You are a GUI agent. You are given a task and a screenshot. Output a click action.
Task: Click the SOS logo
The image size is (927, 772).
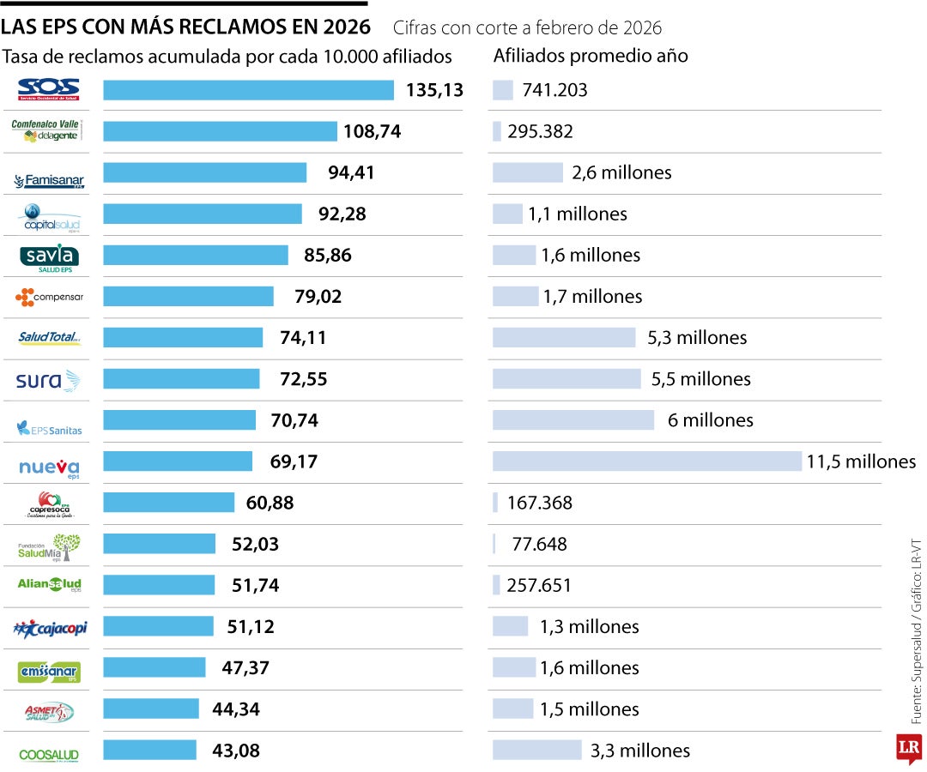48,88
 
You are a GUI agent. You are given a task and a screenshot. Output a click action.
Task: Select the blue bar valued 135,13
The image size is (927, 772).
248,90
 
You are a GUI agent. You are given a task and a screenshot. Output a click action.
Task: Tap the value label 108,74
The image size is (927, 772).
372,132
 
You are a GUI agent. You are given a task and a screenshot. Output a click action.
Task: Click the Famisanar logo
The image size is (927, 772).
49,180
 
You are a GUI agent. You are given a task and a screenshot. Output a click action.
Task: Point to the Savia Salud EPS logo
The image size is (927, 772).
49,256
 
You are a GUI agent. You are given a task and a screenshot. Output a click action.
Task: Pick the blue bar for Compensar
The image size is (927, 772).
188,297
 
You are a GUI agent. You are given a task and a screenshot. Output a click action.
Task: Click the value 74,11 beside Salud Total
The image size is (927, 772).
303,338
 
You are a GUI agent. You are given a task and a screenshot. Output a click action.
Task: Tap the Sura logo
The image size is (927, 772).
48,380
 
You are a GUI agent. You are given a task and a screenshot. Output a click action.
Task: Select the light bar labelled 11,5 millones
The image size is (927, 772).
646,461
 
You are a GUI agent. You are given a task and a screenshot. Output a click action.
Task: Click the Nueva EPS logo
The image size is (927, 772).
49,468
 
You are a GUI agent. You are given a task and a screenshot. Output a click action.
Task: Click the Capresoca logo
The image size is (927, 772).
50,504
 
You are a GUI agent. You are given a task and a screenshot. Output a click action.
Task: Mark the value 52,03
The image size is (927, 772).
255,544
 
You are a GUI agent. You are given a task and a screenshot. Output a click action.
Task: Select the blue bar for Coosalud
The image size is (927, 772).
149,751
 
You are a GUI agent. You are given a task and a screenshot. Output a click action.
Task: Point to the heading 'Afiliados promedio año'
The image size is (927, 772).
591,56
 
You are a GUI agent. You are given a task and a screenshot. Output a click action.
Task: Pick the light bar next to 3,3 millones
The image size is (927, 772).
536,751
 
